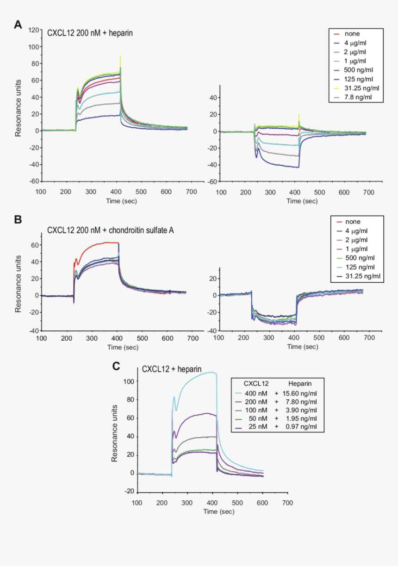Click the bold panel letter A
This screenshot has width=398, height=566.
[18, 25]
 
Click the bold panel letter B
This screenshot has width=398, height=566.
[18, 220]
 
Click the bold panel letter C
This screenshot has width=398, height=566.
[117, 366]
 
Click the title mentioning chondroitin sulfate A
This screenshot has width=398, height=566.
[111, 230]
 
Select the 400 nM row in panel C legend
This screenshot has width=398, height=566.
[256, 393]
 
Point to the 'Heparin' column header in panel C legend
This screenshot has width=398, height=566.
[299, 384]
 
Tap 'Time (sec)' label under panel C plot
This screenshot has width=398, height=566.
[219, 511]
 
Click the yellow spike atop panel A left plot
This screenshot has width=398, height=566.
[120, 58]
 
